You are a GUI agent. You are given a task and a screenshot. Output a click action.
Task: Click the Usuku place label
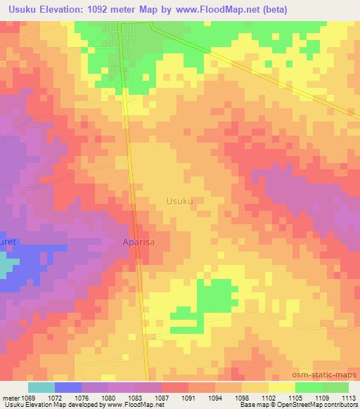pyautogui.click(x=179, y=200)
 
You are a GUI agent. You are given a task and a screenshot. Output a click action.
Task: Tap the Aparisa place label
pyautogui.click(x=139, y=241)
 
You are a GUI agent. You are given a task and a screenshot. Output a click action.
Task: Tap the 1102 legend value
pyautogui.click(x=267, y=397)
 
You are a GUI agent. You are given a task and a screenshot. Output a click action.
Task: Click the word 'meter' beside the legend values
pyautogui.click(x=12, y=397)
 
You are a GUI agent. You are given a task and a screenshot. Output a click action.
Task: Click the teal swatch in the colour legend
pyautogui.click(x=41, y=387)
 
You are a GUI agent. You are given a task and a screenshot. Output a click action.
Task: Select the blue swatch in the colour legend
pyautogui.click(x=68, y=387)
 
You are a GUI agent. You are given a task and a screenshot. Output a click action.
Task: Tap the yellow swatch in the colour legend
pyautogui.click(x=281, y=387)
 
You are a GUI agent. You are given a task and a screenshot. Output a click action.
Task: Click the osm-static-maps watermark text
pyautogui.click(x=326, y=376)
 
